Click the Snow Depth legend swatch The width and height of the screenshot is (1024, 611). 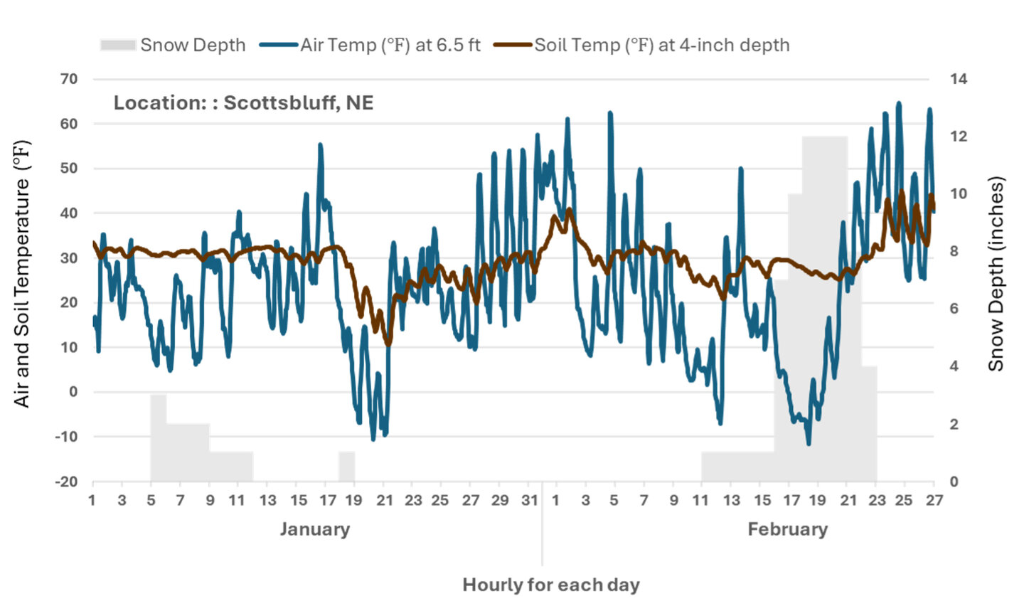(117, 45)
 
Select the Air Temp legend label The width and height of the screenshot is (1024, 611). (390, 45)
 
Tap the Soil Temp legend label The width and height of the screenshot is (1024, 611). (661, 45)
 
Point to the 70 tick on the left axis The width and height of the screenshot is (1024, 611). (69, 79)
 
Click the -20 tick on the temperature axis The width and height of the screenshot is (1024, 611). (67, 482)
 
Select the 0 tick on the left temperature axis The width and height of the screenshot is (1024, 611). (73, 392)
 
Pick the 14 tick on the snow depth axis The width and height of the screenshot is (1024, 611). (959, 79)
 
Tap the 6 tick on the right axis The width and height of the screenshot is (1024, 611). (954, 309)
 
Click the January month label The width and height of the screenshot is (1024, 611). (314, 529)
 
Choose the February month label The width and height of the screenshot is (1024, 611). (787, 529)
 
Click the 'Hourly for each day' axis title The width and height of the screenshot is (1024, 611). (551, 585)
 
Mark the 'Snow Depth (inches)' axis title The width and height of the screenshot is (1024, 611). (996, 274)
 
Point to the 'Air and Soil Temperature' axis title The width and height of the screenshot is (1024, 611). (22, 274)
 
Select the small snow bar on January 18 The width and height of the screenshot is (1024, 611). (346, 466)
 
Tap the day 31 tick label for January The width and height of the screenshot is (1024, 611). (530, 500)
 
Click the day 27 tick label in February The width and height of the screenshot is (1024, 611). (934, 500)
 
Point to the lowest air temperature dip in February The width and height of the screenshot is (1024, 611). (808, 443)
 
